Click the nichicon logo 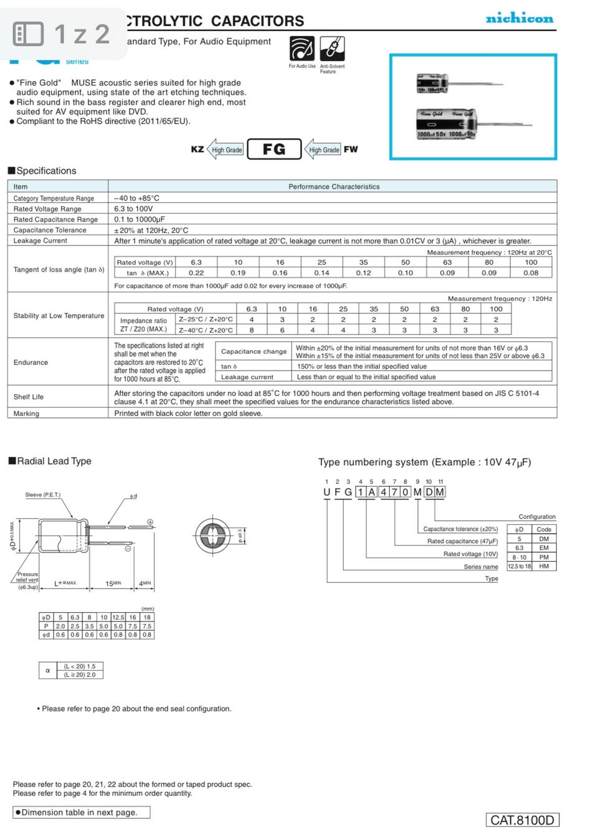(519, 18)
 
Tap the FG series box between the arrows (274, 149)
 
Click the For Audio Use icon (302, 49)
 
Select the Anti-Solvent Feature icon (332, 49)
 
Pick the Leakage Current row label (40, 240)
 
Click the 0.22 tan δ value (196, 273)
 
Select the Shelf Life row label (29, 397)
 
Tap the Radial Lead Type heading (54, 461)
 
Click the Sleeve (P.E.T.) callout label (43, 495)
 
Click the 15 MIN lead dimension (113, 584)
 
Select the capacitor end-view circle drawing (213, 535)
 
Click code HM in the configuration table (544, 566)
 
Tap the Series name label (480, 567)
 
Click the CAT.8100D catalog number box (522, 820)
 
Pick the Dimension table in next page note (81, 812)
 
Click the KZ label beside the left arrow (197, 149)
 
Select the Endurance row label (31, 362)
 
